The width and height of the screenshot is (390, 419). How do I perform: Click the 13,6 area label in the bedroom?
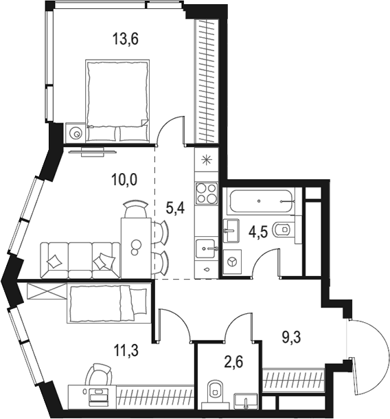[126, 39]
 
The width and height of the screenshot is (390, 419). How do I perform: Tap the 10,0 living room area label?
[124, 181]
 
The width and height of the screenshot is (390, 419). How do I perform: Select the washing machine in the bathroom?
[232, 262]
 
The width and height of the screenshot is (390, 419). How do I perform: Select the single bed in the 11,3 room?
[108, 304]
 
